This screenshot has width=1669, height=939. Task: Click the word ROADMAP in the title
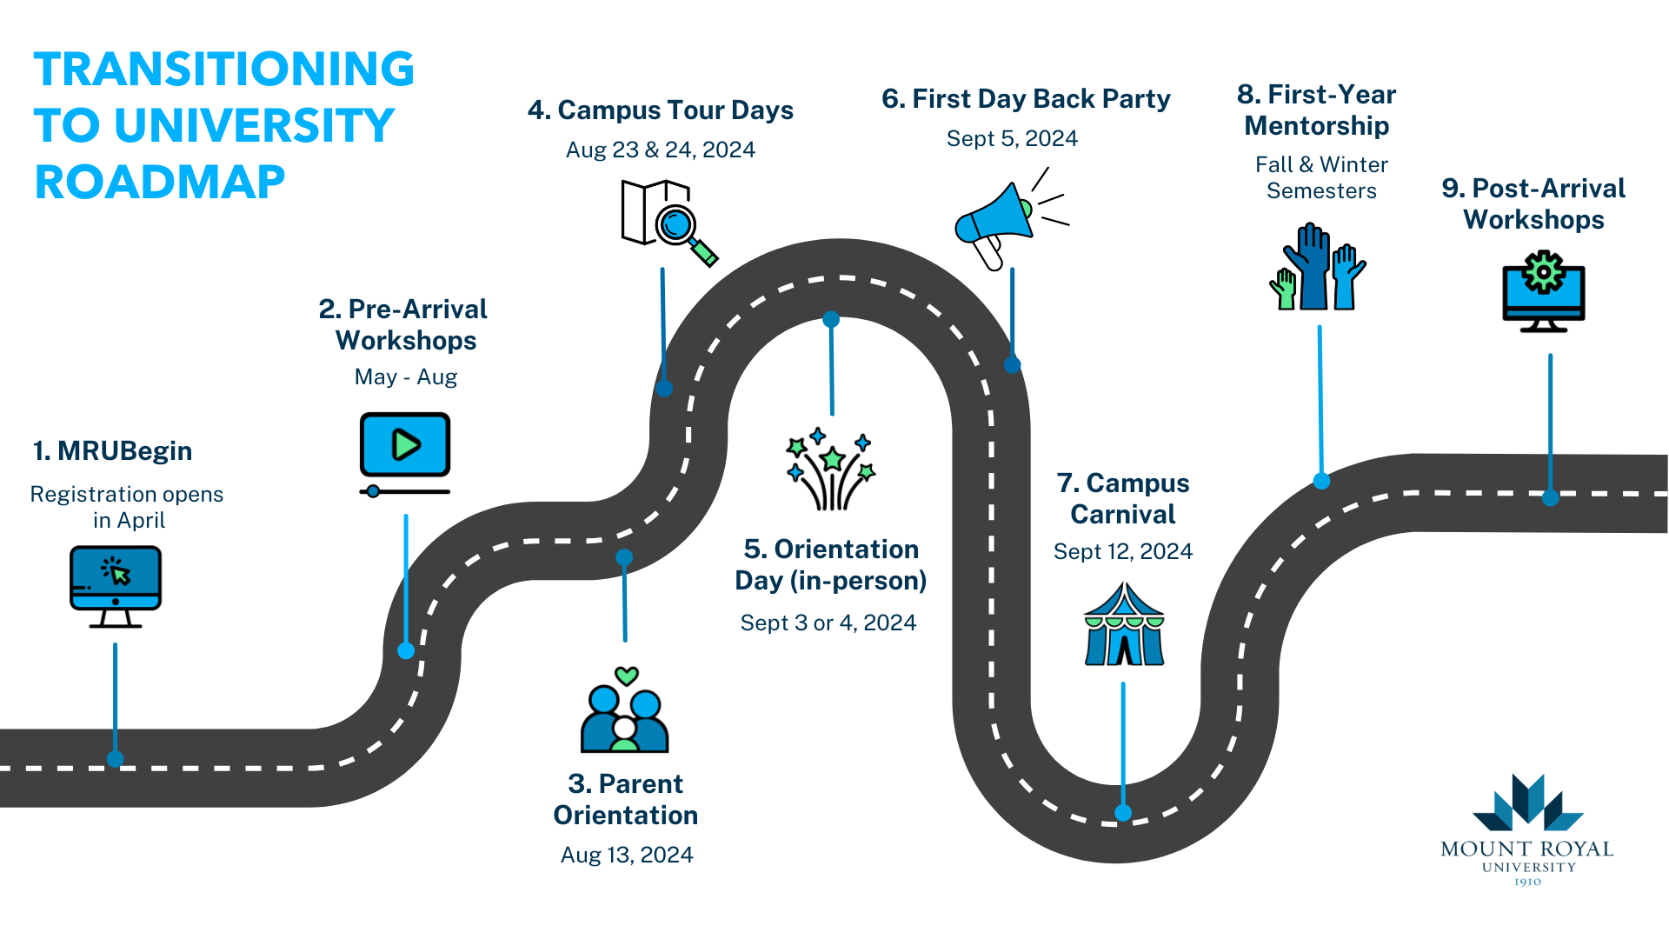160,183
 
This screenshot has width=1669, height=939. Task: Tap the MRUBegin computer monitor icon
116,585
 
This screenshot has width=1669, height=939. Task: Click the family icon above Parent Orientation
624,719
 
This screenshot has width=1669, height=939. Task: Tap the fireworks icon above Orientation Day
831,469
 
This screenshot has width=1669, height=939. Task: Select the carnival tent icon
1124,626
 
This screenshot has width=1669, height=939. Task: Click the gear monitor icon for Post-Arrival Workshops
1544,291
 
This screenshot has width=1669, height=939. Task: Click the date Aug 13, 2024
627,855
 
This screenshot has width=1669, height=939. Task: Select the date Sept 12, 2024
1123,551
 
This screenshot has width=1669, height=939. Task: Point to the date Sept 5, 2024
1012,138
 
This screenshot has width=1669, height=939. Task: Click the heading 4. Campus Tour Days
661,110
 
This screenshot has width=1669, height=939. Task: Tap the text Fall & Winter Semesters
1321,177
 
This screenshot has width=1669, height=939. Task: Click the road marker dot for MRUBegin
115,759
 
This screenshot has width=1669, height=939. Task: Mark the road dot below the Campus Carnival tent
1123,813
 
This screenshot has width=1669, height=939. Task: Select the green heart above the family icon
627,676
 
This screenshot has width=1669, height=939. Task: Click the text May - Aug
406,376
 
